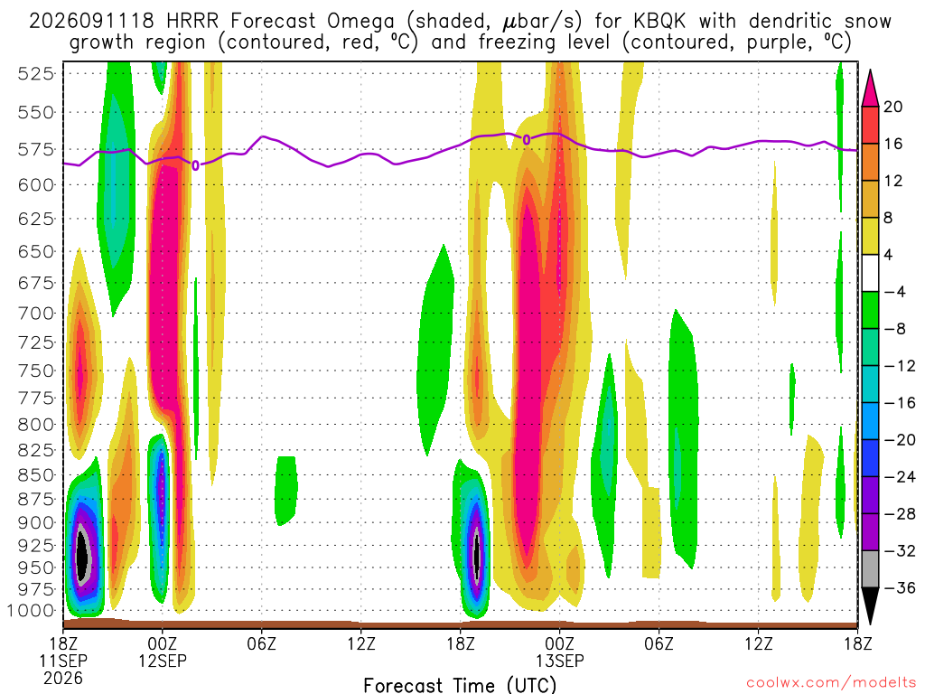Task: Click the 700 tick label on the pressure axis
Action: [36, 314]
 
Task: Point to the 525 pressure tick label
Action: [36, 74]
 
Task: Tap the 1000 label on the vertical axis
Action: [32, 611]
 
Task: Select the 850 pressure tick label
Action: [36, 475]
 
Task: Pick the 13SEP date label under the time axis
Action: [560, 661]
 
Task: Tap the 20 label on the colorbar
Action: [893, 107]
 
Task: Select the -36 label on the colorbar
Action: [899, 587]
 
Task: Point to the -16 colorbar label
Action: [899, 403]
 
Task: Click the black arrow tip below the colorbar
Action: [870, 624]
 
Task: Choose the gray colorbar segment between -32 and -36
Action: [870, 569]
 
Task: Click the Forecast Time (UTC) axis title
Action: [460, 685]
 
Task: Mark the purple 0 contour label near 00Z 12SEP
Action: [195, 166]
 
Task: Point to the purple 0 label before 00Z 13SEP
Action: [527, 140]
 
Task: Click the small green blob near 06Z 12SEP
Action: [286, 490]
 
